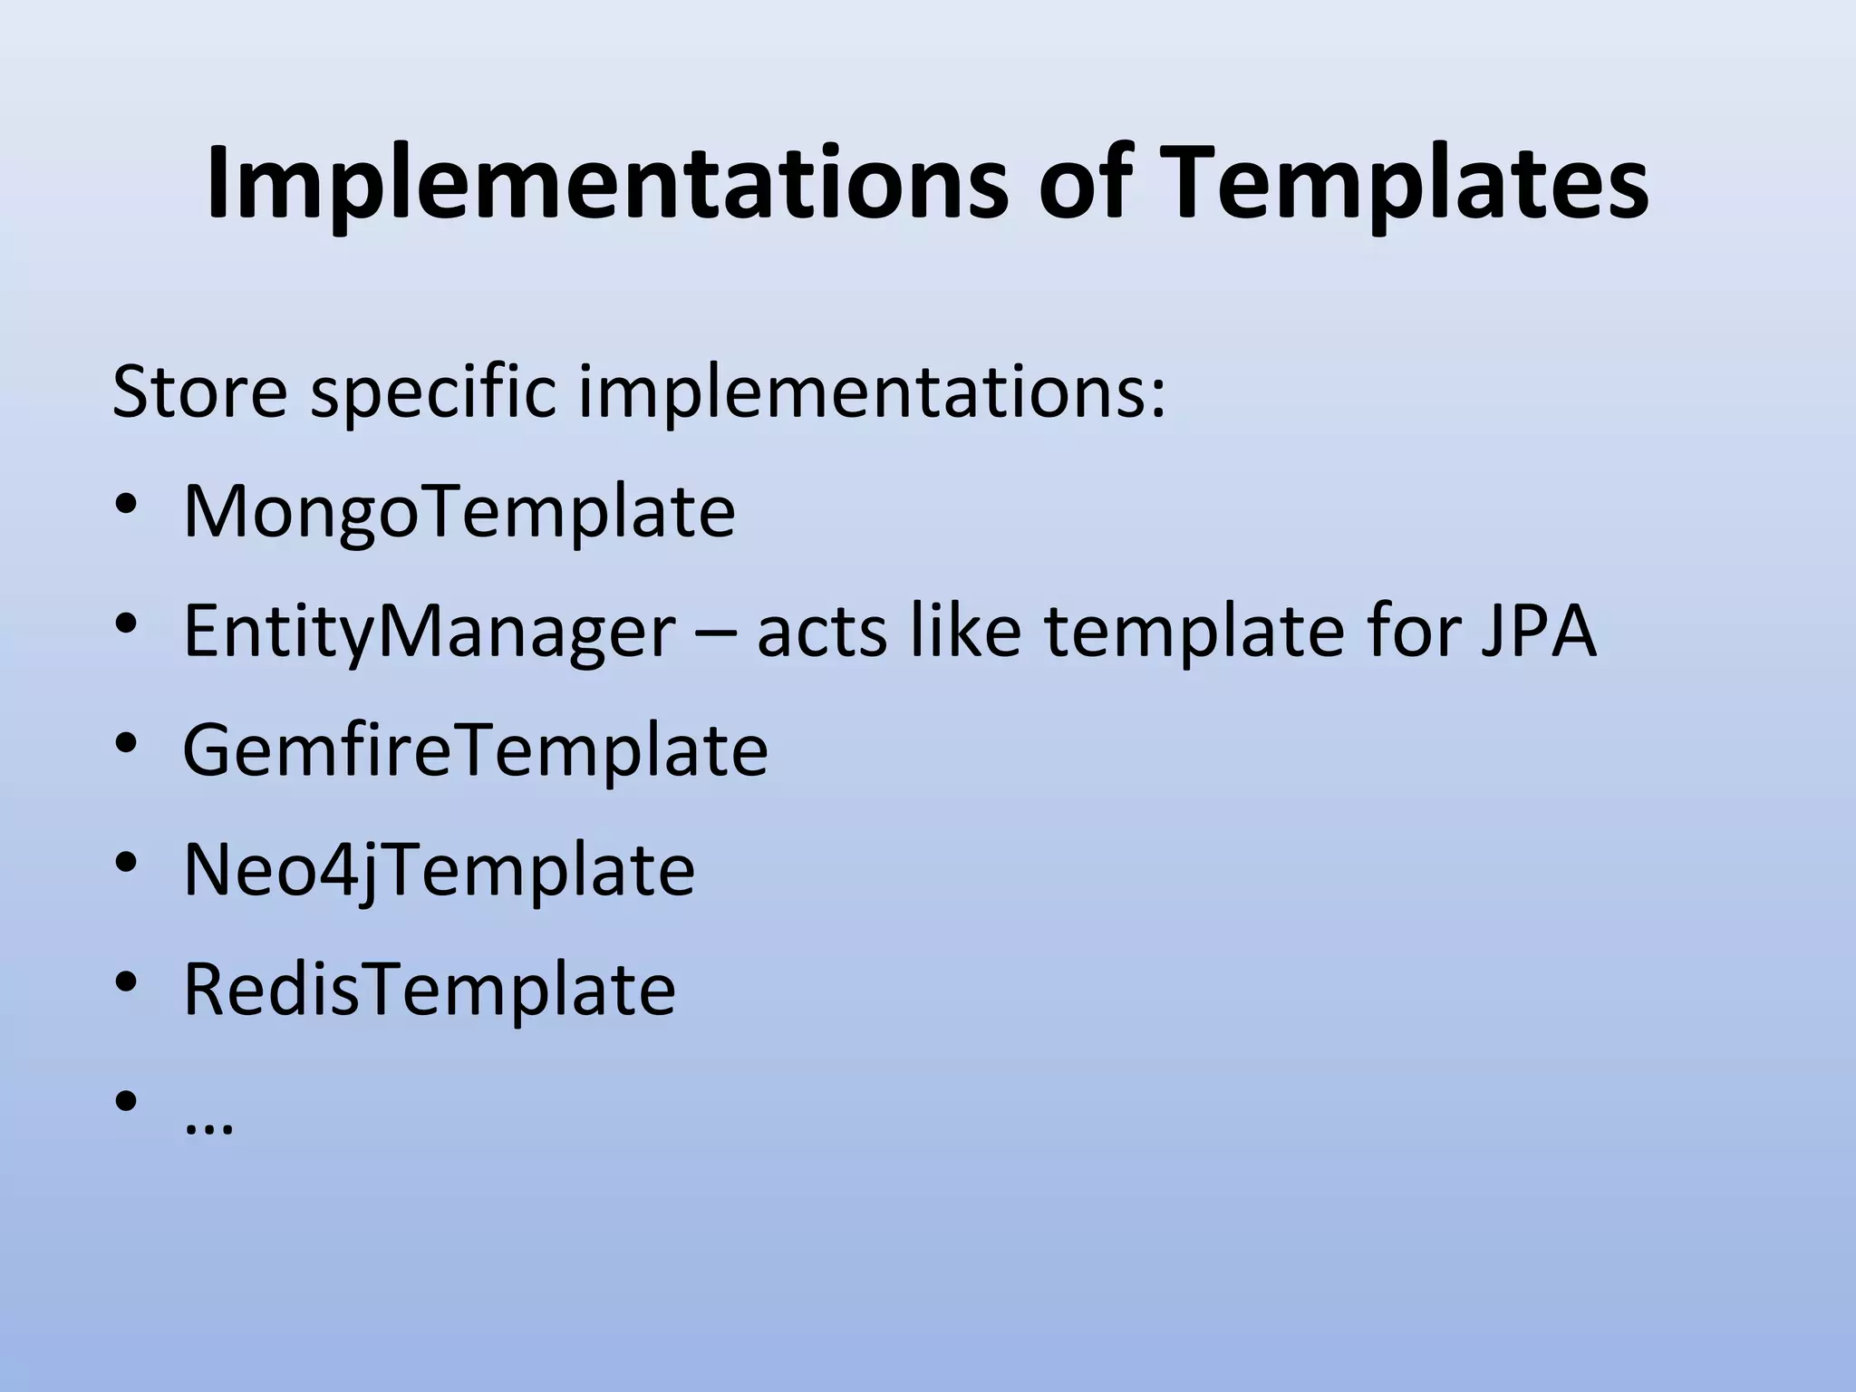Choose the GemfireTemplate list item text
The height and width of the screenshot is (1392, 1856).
coord(475,750)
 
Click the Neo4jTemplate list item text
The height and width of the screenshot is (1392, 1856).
coord(439,872)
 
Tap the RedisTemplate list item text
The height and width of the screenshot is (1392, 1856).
coord(429,990)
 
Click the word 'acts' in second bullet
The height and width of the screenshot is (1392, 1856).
coord(821,632)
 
